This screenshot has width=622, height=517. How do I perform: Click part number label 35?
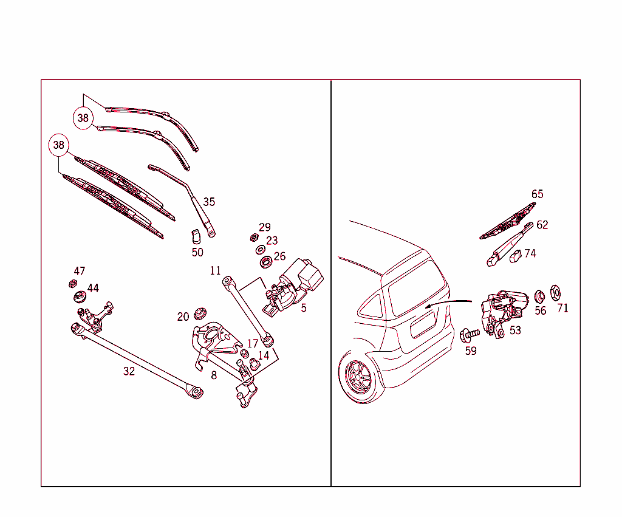(x=209, y=202)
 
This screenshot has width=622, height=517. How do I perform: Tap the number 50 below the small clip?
(x=197, y=252)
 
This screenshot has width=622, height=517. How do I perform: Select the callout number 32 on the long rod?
(x=129, y=371)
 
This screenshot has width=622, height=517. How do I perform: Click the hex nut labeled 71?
(x=555, y=293)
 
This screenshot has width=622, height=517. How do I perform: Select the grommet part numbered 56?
(x=539, y=296)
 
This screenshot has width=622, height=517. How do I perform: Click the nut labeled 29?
(x=255, y=237)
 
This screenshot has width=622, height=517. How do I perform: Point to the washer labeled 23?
(x=260, y=250)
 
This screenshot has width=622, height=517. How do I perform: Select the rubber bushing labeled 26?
(x=265, y=262)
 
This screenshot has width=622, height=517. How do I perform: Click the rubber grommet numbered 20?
(x=198, y=314)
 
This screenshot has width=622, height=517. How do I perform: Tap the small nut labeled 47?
(x=72, y=283)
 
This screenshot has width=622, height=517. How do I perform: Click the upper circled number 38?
(x=83, y=118)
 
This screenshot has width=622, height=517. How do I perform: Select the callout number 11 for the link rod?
(x=216, y=271)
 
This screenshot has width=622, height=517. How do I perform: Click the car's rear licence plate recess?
(x=423, y=324)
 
